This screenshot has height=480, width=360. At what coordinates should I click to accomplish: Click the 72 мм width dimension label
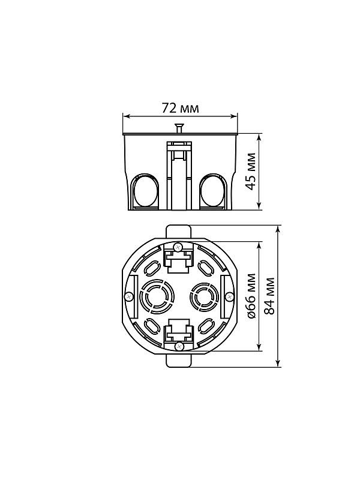(180, 108)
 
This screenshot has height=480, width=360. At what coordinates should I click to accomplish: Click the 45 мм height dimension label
(251, 172)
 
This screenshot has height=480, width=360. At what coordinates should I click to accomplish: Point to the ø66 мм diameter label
(251, 296)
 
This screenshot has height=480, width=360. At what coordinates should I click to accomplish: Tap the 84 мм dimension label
(269, 296)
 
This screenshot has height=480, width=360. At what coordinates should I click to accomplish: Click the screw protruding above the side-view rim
(179, 128)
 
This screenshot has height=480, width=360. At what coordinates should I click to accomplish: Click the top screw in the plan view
(178, 247)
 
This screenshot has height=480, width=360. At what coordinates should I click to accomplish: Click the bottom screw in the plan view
(179, 346)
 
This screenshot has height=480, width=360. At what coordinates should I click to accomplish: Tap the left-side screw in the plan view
(129, 296)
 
